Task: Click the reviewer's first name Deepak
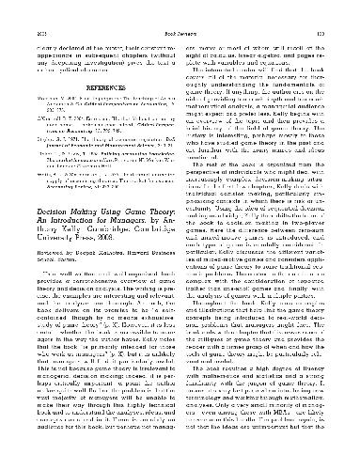pyautogui.click(x=93, y=279)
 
